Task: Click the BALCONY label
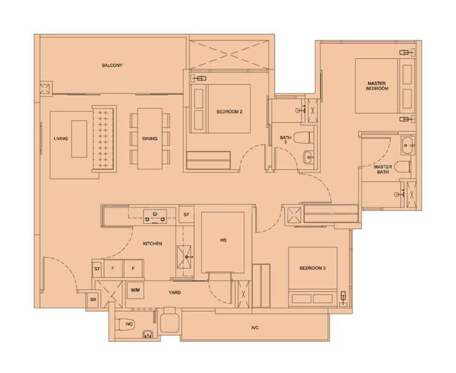(x=112, y=65)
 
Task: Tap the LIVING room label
(x=61, y=139)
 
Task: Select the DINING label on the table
(x=150, y=139)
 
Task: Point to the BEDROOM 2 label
(x=229, y=111)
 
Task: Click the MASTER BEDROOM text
(x=377, y=86)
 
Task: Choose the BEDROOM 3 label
(x=313, y=268)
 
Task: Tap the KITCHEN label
(x=153, y=244)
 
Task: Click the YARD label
(x=174, y=293)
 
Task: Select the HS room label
(x=224, y=241)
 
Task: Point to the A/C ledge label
(x=255, y=328)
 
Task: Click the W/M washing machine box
(x=135, y=290)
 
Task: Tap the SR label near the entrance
(x=93, y=300)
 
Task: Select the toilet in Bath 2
(x=304, y=137)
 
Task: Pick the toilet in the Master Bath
(x=402, y=167)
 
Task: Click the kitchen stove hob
(x=155, y=216)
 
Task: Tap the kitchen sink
(x=184, y=257)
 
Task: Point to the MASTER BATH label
(x=382, y=169)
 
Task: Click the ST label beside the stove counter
(x=186, y=214)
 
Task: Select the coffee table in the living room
(x=79, y=139)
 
